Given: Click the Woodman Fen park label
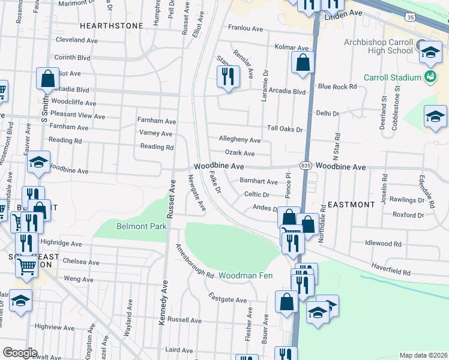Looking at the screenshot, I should coord(245,275).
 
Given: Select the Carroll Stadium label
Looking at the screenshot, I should coord(392,77).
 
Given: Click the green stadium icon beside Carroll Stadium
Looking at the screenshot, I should coord(430,76).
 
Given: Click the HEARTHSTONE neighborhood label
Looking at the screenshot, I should coord(112,26).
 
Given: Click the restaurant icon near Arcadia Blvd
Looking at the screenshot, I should coord(227,76).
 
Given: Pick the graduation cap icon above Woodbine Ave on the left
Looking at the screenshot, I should coord(38,162).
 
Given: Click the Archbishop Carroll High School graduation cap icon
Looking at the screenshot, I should coord(430,51).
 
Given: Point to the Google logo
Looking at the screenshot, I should coord(20,353).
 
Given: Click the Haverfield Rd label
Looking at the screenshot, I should coord(390,272).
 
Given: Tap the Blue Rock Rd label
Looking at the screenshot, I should coord(337,86).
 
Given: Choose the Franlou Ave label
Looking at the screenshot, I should coord(246,28).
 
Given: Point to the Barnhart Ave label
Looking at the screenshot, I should coord(259,181).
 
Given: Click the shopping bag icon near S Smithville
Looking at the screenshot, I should coord(47,78).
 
